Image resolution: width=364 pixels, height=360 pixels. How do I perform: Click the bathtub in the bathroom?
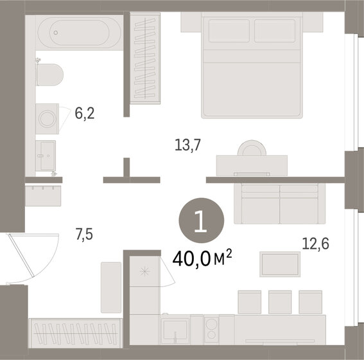(77, 31)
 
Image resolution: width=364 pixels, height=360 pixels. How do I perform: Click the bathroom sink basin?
(46, 154)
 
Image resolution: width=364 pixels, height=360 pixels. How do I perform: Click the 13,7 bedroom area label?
(188, 146)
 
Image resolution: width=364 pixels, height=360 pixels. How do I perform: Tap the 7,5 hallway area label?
(84, 235)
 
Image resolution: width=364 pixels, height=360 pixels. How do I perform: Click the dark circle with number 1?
(201, 223)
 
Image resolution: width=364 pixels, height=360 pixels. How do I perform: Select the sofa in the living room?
(279, 202)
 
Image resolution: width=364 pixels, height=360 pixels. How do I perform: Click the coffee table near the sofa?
(280, 264)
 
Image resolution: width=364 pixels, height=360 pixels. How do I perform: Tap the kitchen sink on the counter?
(174, 329)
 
